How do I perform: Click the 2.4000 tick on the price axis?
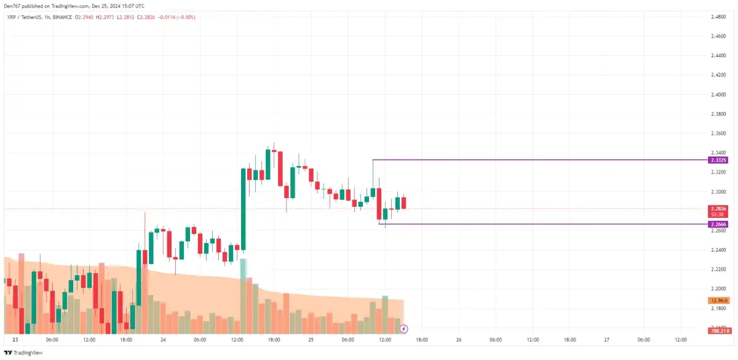click(x=717, y=94)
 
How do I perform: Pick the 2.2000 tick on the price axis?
click(x=717, y=288)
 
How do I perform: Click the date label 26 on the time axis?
click(x=459, y=340)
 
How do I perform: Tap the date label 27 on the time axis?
click(x=606, y=340)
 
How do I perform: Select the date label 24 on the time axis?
click(x=163, y=340)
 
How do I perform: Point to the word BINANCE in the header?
click(x=63, y=17)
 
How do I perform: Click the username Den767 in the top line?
click(x=13, y=6)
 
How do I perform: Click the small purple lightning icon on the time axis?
click(x=404, y=329)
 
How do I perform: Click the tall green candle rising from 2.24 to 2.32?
click(x=243, y=209)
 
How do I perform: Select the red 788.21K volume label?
click(x=718, y=331)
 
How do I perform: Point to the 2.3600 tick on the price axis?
click(x=717, y=133)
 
